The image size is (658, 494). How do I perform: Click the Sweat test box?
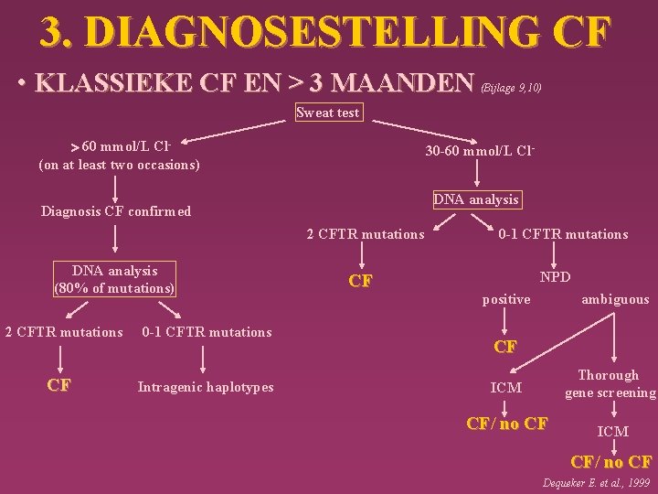pos(329,113)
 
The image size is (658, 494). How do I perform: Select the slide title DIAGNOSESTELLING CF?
pos(324,31)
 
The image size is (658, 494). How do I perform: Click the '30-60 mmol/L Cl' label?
pos(479,151)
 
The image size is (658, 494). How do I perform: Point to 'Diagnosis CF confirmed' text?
pos(116,211)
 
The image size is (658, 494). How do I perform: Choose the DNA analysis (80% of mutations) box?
pos(114,280)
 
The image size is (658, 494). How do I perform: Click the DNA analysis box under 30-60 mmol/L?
pos(475,199)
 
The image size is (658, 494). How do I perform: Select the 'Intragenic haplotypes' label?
pos(206,387)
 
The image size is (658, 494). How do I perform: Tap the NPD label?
pos(555,275)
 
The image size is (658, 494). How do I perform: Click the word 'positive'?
pos(506,299)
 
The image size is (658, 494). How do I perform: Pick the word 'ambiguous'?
pos(615,299)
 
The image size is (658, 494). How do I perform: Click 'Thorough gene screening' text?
pos(609,384)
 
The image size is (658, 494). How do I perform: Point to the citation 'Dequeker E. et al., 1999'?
pos(597,482)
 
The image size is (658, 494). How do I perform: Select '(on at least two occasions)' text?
pos(119,166)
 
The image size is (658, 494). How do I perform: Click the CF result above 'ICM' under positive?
pos(505,348)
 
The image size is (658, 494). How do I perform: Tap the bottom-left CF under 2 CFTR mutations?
pos(59,385)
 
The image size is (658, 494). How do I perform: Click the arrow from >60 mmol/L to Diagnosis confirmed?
pos(115,188)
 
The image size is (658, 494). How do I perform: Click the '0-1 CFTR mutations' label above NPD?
pos(563,234)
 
